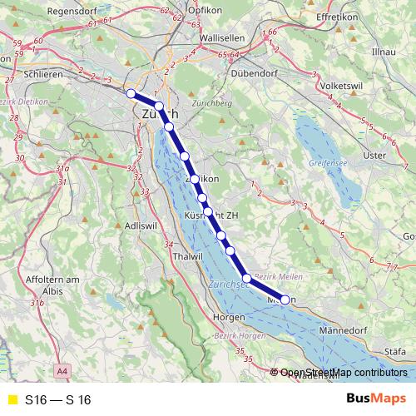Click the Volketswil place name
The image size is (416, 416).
(344, 84)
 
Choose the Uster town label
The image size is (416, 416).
(376, 155)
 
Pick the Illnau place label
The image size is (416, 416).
(385, 52)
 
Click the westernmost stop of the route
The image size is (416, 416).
(131, 93)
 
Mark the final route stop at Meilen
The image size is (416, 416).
(285, 300)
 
